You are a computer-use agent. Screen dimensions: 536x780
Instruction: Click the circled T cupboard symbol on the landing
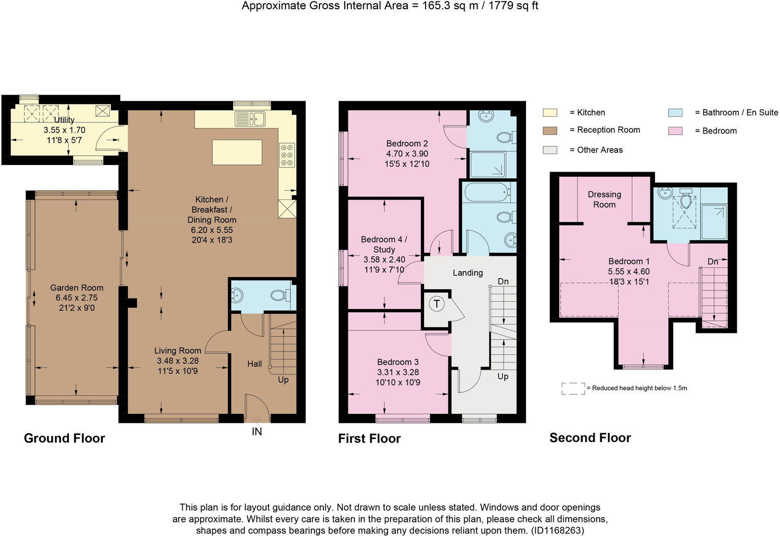pyautogui.click(x=436, y=304)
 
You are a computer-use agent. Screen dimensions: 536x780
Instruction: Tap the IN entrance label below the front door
pyautogui.click(x=257, y=431)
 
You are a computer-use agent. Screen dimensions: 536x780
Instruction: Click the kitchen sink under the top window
pyautogui.click(x=250, y=119)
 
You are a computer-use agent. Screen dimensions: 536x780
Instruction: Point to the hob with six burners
pyautogui.click(x=286, y=155)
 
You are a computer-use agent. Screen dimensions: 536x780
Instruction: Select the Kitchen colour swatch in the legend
pyautogui.click(x=549, y=113)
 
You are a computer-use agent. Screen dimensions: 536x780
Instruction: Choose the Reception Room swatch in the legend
pyautogui.click(x=549, y=130)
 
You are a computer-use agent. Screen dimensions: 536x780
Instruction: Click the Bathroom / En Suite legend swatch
pyautogui.click(x=675, y=113)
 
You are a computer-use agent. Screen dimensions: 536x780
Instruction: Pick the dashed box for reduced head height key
pyautogui.click(x=573, y=388)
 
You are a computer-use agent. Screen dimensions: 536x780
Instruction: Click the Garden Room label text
pyautogui.click(x=77, y=288)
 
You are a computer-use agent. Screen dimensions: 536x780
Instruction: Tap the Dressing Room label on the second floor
pyautogui.click(x=604, y=199)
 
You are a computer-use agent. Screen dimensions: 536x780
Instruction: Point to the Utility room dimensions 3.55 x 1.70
pyautogui.click(x=64, y=130)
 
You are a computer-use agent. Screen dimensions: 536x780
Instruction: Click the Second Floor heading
pyautogui.click(x=590, y=438)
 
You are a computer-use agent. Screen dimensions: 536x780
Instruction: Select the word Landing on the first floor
pyautogui.click(x=468, y=273)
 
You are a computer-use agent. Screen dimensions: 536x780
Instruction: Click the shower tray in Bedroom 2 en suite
pyautogui.click(x=488, y=164)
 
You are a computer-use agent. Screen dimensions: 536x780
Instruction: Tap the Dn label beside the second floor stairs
pyautogui.click(x=713, y=262)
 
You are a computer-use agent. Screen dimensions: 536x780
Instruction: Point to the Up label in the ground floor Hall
pyautogui.click(x=283, y=380)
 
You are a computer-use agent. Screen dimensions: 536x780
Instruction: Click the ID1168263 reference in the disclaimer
pyautogui.click(x=557, y=530)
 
